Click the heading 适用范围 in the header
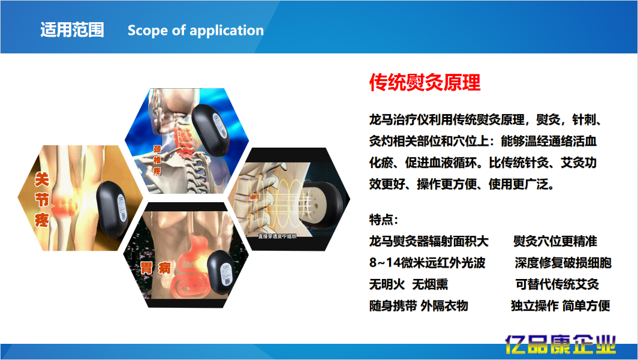pyautogui.click(x=72, y=30)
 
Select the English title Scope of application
pyautogui.click(x=195, y=31)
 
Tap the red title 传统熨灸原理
pyautogui.click(x=425, y=83)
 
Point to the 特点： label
pyautogui.click(x=384, y=220)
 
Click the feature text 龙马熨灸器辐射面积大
pyautogui.click(x=429, y=242)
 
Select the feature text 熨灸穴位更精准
pyautogui.click(x=555, y=242)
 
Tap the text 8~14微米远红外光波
pyautogui.click(x=427, y=263)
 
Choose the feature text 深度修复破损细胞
pyautogui.click(x=563, y=263)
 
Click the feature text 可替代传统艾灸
pyautogui.click(x=557, y=284)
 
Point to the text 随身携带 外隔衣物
pyautogui.click(x=419, y=306)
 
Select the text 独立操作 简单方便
pyautogui.click(x=560, y=306)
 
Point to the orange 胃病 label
pyautogui.click(x=156, y=269)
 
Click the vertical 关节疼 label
pyautogui.click(x=41, y=199)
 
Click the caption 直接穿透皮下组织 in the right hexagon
pyautogui.click(x=278, y=236)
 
